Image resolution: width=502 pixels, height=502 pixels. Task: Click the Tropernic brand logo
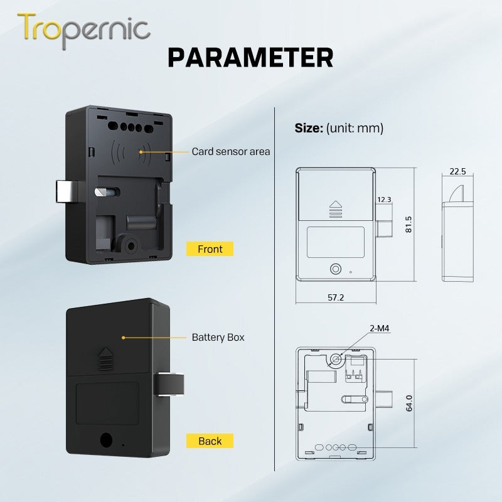(83, 30)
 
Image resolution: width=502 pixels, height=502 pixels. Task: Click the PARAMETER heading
(250, 58)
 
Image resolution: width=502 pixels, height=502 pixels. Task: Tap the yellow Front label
(210, 249)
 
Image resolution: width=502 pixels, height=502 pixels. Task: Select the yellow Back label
(210, 441)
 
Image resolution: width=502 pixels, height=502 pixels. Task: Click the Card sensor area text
(231, 151)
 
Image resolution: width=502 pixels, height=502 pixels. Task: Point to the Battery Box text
(218, 337)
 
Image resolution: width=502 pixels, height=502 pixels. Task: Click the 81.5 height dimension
(409, 225)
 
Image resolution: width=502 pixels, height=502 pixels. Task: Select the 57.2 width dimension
(336, 297)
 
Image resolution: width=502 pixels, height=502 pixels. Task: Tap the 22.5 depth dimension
(457, 171)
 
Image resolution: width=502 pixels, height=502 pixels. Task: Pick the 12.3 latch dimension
(384, 200)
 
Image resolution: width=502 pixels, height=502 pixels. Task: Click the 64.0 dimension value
(409, 403)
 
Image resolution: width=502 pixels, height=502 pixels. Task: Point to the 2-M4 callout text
(380, 328)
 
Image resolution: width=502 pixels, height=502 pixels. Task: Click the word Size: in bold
(309, 128)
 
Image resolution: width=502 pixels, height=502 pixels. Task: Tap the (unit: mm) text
(355, 129)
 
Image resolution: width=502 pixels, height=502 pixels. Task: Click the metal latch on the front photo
(67, 191)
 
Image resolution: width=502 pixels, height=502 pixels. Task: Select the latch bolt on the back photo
(169, 384)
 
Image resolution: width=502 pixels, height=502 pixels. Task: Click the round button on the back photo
(106, 440)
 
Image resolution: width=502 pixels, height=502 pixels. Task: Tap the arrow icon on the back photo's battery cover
(105, 358)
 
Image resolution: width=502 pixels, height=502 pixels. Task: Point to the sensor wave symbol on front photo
(131, 152)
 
